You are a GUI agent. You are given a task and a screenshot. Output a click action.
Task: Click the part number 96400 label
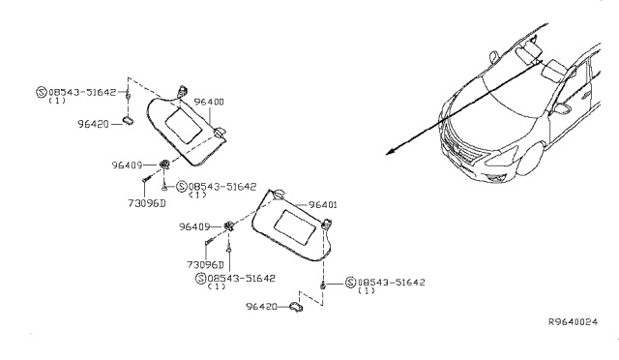coord(210,101)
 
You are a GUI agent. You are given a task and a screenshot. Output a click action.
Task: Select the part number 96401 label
coord(326,205)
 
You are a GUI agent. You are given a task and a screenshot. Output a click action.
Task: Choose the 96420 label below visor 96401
coord(262,307)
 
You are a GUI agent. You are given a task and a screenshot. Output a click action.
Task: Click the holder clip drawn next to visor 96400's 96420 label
coord(128,124)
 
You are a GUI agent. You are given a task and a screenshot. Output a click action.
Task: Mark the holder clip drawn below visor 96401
coord(299,307)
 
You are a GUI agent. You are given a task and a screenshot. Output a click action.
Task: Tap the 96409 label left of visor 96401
coord(195,226)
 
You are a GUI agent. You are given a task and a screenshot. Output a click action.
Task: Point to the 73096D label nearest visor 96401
coord(206,264)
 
